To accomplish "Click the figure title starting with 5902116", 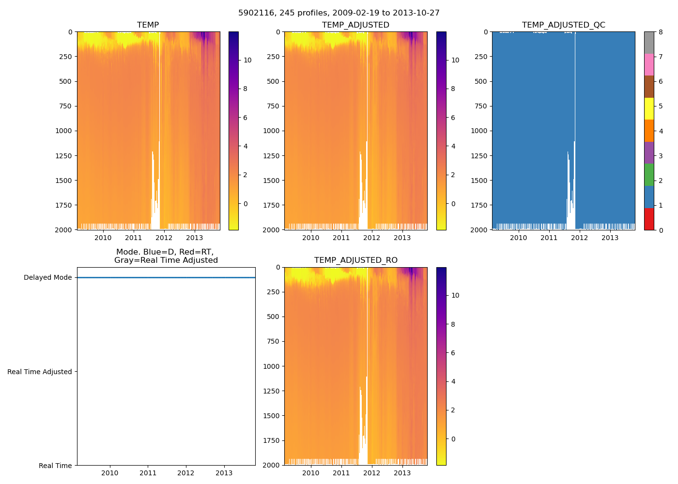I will click(339, 13).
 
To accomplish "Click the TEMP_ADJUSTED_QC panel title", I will click(563, 25).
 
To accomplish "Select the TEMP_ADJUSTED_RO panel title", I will click(355, 260).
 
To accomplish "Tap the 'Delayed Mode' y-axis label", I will click(47, 277).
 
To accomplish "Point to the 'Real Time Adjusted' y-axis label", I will click(39, 372).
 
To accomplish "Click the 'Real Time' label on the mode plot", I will click(55, 466).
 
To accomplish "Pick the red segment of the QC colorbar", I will click(649, 219).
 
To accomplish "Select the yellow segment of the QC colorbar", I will click(649, 108).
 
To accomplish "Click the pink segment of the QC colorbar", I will click(649, 64).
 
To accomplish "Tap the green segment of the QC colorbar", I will click(649, 175).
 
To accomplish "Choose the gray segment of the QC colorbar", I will click(649, 43).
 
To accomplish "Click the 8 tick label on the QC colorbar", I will click(661, 32).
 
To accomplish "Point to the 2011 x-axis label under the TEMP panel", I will click(134, 238).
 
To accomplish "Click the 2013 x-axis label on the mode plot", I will click(224, 473).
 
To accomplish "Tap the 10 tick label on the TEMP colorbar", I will click(247, 60).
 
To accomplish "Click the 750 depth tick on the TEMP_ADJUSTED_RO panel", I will click(273, 341).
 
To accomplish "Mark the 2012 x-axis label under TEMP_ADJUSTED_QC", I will click(580, 238).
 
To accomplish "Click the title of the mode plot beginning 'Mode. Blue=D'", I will click(166, 256).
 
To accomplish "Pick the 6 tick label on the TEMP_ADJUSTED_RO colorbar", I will click(453, 353).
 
